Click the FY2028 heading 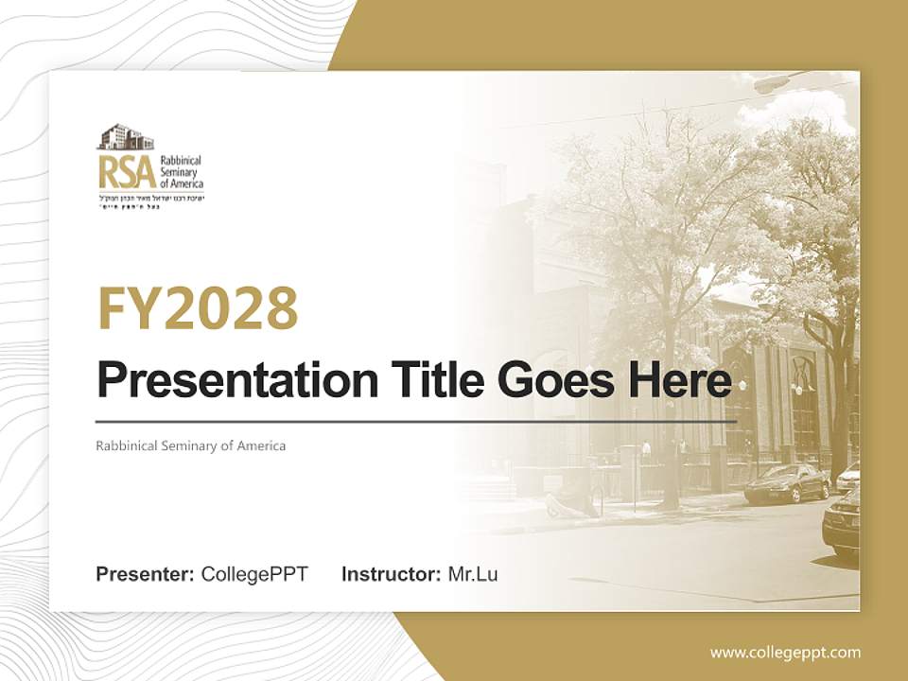[x=198, y=308]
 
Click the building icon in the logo [x=125, y=137]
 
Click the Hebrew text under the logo [x=149, y=201]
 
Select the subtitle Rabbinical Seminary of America [x=190, y=445]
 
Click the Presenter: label [x=145, y=574]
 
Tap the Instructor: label [x=391, y=574]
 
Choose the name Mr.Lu [x=473, y=574]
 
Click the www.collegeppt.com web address [x=785, y=653]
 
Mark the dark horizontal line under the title [x=416, y=420]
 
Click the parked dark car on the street [x=786, y=483]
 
